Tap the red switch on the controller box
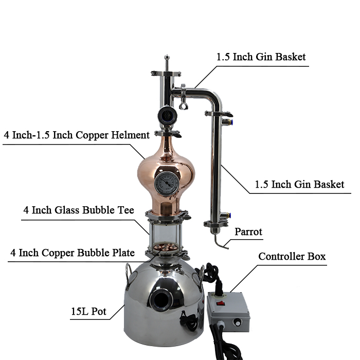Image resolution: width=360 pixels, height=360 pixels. point(221,303)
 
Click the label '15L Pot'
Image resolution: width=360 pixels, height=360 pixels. point(88,311)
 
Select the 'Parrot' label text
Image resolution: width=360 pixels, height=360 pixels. point(248,231)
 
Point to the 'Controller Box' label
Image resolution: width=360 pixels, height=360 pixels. point(292,257)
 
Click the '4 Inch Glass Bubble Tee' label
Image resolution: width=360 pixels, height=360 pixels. point(79,210)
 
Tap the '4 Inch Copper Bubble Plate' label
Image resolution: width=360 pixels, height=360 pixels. point(73,253)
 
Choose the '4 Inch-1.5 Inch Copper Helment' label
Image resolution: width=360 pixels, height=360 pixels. point(77,135)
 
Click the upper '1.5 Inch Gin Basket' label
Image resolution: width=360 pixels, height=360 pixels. point(261,57)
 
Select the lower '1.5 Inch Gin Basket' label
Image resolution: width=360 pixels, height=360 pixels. point(300,184)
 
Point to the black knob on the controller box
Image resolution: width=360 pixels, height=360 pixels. point(238,322)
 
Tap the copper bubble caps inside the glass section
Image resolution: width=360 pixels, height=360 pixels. point(165,247)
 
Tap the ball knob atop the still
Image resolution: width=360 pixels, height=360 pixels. point(167,57)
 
